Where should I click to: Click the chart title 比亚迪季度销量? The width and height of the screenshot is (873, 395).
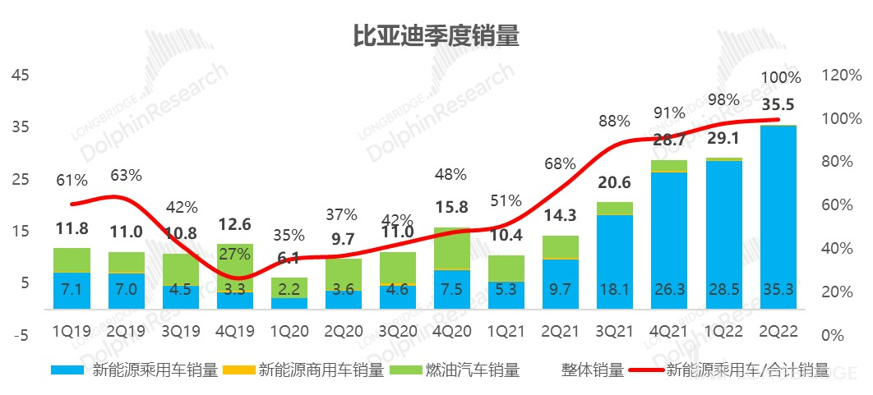(436, 36)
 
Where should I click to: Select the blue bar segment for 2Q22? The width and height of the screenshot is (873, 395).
(778, 218)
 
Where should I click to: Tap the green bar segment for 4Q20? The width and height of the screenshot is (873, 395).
(451, 249)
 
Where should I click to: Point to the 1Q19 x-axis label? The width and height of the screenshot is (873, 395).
(72, 333)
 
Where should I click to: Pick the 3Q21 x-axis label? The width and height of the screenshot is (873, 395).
(615, 333)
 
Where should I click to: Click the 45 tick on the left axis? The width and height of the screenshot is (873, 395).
(21, 75)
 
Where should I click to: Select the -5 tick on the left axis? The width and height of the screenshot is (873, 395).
(21, 334)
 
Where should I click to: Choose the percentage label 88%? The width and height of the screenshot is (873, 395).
(614, 122)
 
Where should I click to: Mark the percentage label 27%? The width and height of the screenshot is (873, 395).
(234, 253)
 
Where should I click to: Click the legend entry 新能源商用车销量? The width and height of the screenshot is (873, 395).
(321, 370)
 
